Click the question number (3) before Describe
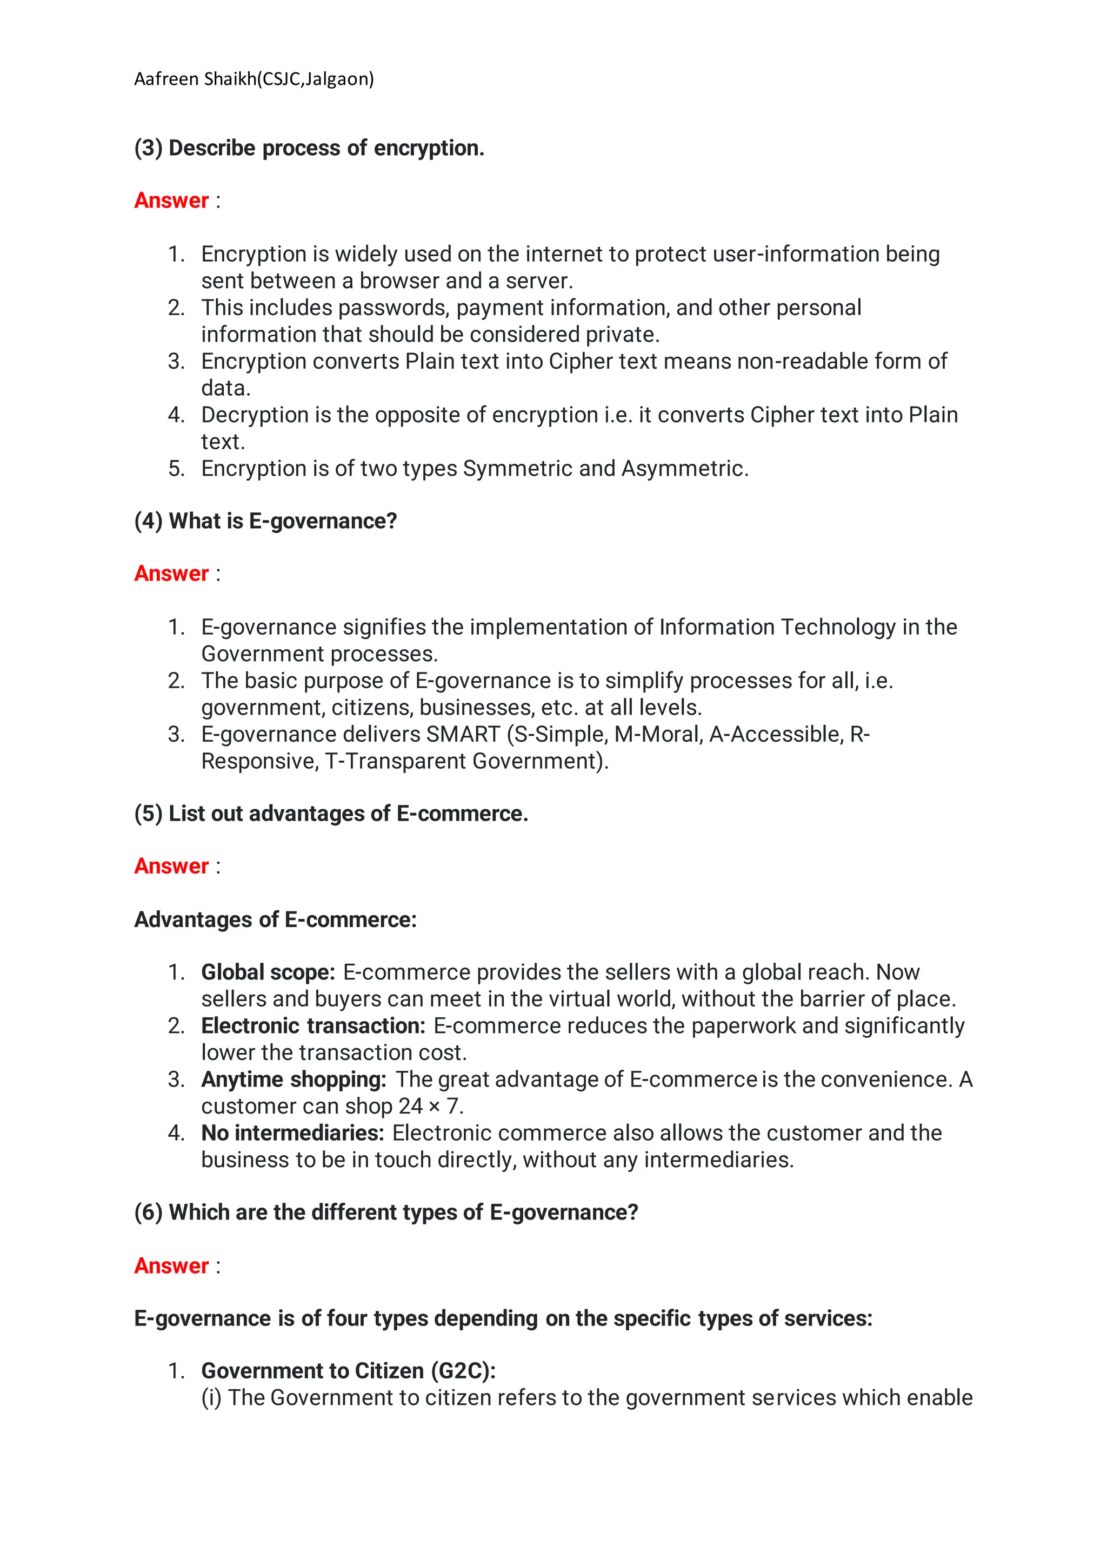[x=148, y=148]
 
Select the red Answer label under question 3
[x=171, y=201]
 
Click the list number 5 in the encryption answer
[x=176, y=469]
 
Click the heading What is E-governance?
[x=282, y=521]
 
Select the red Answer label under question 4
[x=171, y=574]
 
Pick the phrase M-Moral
[x=657, y=735]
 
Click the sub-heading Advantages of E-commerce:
[x=275, y=919]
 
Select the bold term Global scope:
[x=268, y=972]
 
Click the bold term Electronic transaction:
[x=313, y=1026]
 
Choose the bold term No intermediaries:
[x=292, y=1133]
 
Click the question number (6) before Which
[x=148, y=1212]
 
